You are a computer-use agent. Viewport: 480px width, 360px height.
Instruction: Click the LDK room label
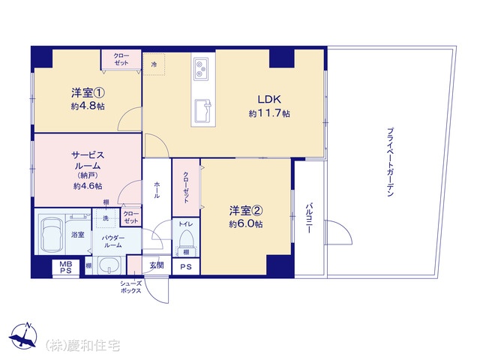[x=269, y=99]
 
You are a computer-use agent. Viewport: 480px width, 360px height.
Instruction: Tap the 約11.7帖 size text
[x=269, y=113]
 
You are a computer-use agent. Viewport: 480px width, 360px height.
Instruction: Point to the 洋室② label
[x=246, y=211]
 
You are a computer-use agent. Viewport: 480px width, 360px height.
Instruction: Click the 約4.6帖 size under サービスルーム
[x=88, y=186]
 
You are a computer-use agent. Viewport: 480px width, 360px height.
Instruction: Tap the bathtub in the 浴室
[x=52, y=233]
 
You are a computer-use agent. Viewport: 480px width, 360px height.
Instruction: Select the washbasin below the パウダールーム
[x=109, y=265]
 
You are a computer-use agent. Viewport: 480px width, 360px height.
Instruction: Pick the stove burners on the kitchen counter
[x=201, y=69]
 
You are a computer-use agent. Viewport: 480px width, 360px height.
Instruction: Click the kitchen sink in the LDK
[x=202, y=110]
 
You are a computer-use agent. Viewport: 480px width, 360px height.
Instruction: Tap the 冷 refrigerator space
[x=154, y=64]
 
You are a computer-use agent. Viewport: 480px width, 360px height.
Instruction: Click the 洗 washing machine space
[x=106, y=218]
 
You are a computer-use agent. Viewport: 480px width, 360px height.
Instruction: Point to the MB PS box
[x=65, y=267]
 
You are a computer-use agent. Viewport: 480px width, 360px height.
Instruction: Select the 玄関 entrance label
[x=157, y=265]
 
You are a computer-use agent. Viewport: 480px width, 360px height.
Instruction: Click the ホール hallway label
[x=157, y=190]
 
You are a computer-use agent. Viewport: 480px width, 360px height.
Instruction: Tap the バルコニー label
[x=309, y=217]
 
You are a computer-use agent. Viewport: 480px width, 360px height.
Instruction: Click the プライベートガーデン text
[x=390, y=162]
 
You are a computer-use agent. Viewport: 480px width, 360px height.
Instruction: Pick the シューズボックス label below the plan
[x=131, y=287]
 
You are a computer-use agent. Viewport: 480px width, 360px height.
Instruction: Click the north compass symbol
[x=23, y=336]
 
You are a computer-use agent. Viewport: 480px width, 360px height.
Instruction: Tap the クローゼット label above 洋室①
[x=121, y=59]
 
